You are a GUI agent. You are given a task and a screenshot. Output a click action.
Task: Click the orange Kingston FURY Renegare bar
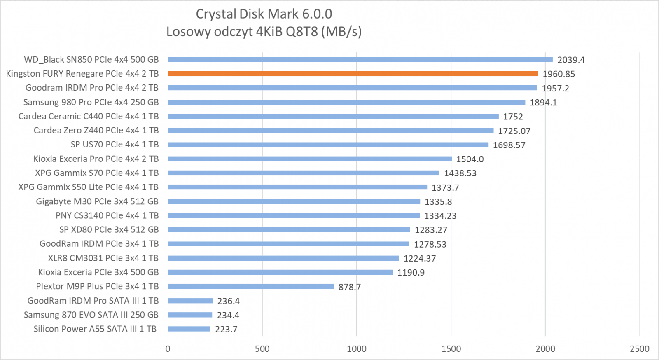click(353, 74)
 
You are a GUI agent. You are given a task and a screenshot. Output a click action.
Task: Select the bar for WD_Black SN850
click(360, 60)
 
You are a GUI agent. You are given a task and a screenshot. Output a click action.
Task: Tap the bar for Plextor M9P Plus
click(251, 286)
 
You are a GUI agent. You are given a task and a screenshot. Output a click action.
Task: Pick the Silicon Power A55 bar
click(189, 329)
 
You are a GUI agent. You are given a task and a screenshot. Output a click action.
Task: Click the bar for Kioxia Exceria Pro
click(310, 159)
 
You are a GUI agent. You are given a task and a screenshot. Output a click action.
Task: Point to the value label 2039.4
click(571, 60)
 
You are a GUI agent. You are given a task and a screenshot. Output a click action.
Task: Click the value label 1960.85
click(559, 74)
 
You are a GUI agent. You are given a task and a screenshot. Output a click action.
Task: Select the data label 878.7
click(349, 287)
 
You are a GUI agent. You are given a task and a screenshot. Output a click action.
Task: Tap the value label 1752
click(513, 117)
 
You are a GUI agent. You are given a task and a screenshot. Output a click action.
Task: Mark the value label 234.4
click(228, 315)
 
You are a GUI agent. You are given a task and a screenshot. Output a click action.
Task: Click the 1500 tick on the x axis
click(451, 349)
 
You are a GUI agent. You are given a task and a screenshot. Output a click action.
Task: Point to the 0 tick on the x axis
click(168, 349)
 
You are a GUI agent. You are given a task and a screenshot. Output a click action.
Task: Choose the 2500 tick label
click(639, 349)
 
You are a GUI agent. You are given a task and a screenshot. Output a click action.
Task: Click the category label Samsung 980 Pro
click(91, 102)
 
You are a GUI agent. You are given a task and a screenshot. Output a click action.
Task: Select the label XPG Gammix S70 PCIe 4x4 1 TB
click(97, 173)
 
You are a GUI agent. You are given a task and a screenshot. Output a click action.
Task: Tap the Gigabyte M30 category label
click(97, 201)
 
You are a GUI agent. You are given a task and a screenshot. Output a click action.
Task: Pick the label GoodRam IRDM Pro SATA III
click(93, 301)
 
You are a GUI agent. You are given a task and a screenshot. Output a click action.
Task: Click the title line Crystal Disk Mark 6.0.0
click(264, 14)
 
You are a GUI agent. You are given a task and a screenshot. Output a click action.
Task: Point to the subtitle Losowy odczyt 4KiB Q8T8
click(264, 31)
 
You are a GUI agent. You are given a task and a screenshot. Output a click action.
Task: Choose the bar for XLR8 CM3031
click(283, 258)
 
